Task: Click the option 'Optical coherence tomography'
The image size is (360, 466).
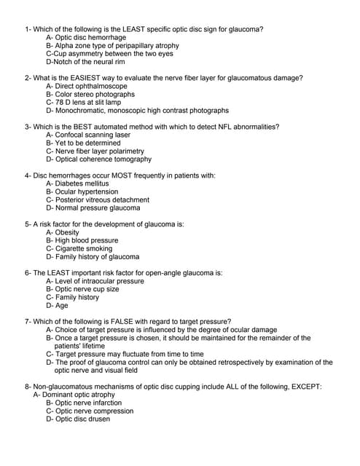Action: [98, 159]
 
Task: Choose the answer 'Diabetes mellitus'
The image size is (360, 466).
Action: [77, 183]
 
